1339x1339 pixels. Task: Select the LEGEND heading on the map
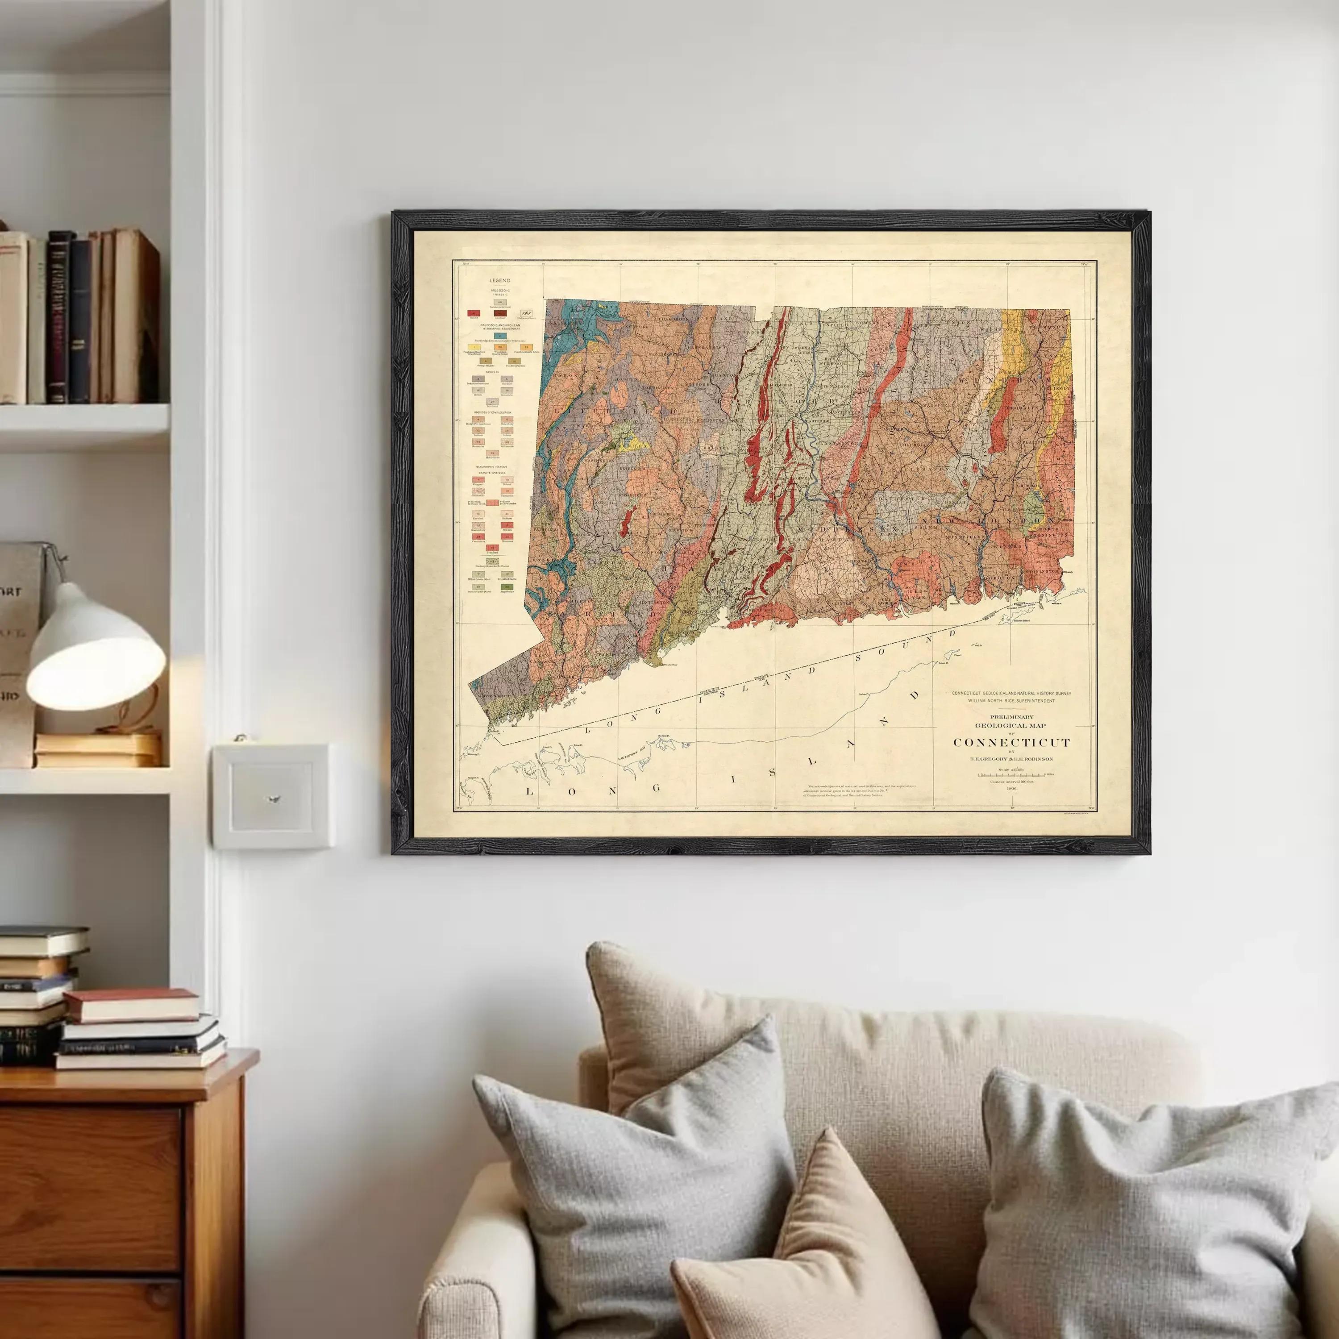tap(499, 281)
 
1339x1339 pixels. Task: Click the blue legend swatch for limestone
tap(499, 336)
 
